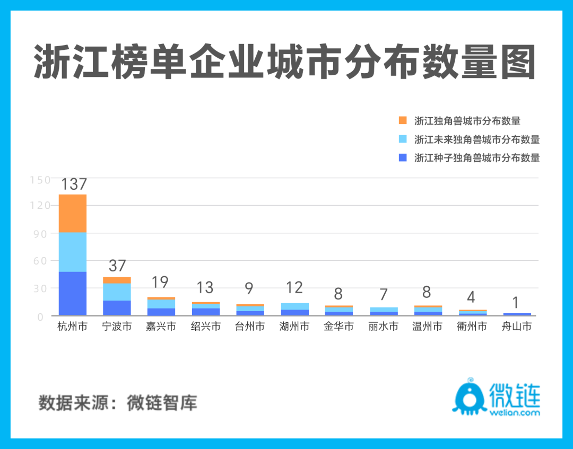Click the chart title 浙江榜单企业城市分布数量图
coord(285,63)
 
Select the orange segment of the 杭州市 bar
coord(73,214)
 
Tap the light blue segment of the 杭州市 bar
coord(73,252)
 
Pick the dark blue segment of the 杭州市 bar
coord(73,293)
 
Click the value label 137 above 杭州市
coord(73,184)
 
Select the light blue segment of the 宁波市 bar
coord(117,292)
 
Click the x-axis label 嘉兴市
coord(161,327)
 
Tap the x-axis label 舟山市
coord(516,327)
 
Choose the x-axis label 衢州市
coord(472,327)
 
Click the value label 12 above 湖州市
coord(294,288)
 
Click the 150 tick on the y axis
coord(40,180)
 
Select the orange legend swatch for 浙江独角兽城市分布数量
coord(403,120)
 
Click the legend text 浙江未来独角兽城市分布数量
coord(476,139)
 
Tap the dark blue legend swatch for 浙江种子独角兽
coord(403,157)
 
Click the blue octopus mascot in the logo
coord(468,397)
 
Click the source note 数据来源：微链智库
coord(118,403)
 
